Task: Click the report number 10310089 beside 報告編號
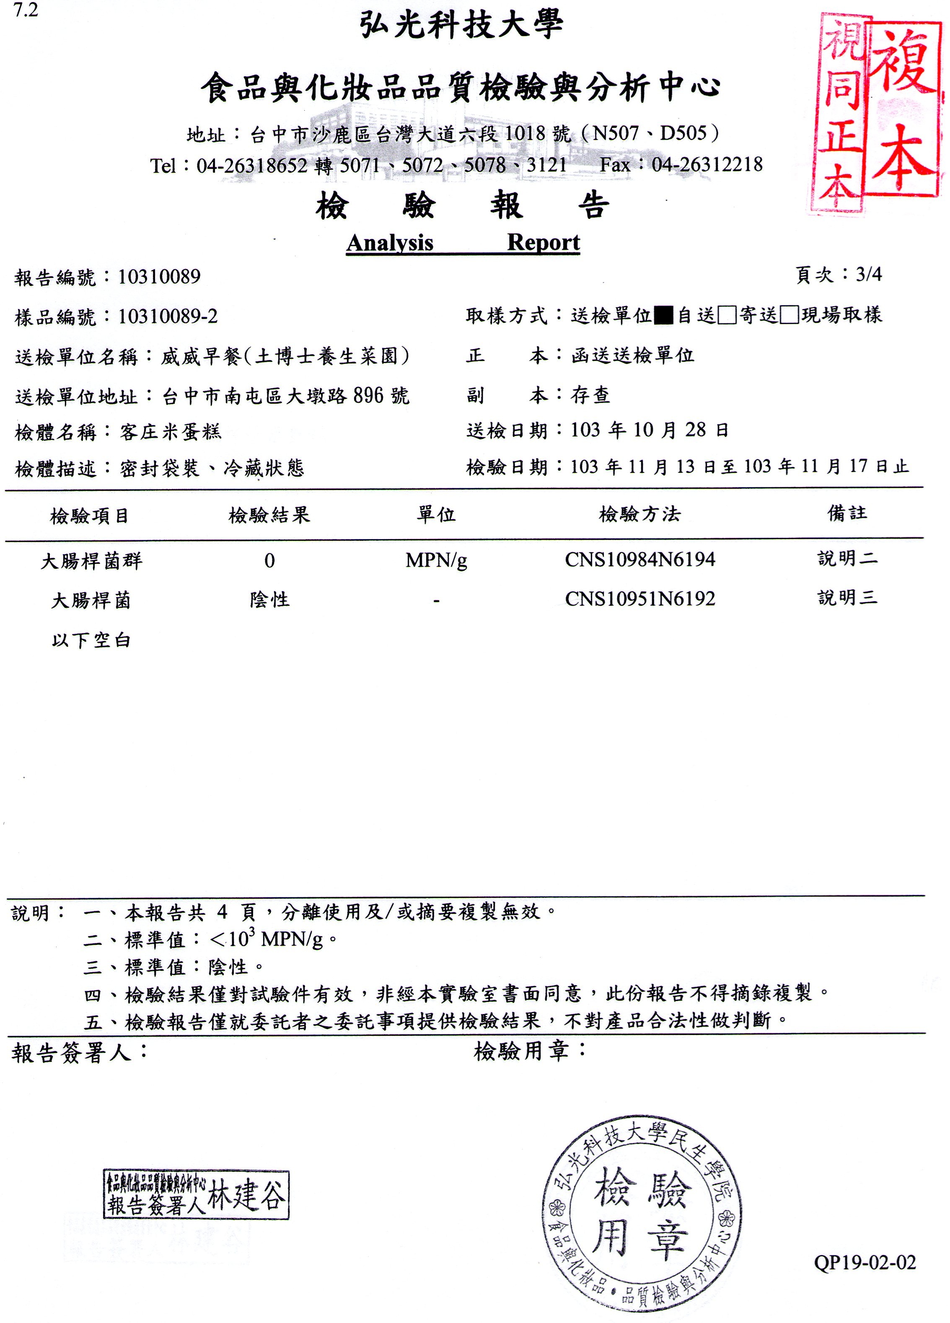(x=159, y=277)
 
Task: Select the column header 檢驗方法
(x=640, y=514)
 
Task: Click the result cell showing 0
(x=269, y=560)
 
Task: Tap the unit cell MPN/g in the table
(x=436, y=560)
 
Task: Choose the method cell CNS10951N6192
(x=640, y=599)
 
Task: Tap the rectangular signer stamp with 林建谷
(x=196, y=1194)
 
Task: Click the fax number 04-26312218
(x=707, y=164)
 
